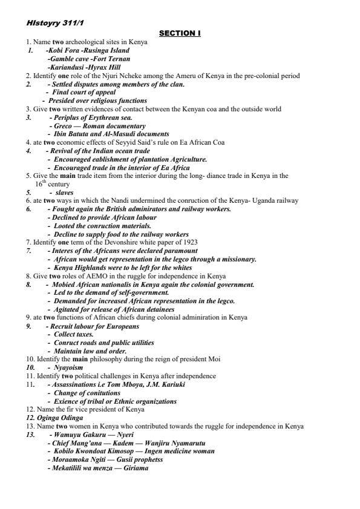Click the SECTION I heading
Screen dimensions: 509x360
pyautogui.click(x=180, y=34)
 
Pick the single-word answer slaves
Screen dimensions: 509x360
pyautogui.click(x=64, y=192)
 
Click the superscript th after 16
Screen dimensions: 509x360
pyautogui.click(x=44, y=181)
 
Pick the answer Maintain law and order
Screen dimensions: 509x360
pyautogui.click(x=90, y=351)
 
